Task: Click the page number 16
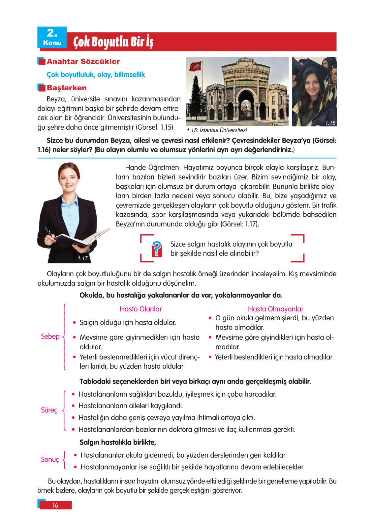click(55, 505)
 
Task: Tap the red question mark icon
click(157, 249)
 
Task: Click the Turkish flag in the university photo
click(195, 66)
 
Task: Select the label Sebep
click(50, 336)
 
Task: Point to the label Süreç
click(49, 410)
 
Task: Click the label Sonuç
click(50, 460)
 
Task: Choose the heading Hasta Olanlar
click(140, 309)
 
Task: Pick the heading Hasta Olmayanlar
click(275, 309)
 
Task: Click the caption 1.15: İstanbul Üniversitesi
click(217, 130)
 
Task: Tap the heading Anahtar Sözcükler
click(83, 62)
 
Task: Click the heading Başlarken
click(67, 88)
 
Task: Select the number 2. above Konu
click(52, 33)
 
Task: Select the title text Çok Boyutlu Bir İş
click(113, 42)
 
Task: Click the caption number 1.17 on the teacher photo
click(82, 258)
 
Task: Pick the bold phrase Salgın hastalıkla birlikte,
click(118, 442)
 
